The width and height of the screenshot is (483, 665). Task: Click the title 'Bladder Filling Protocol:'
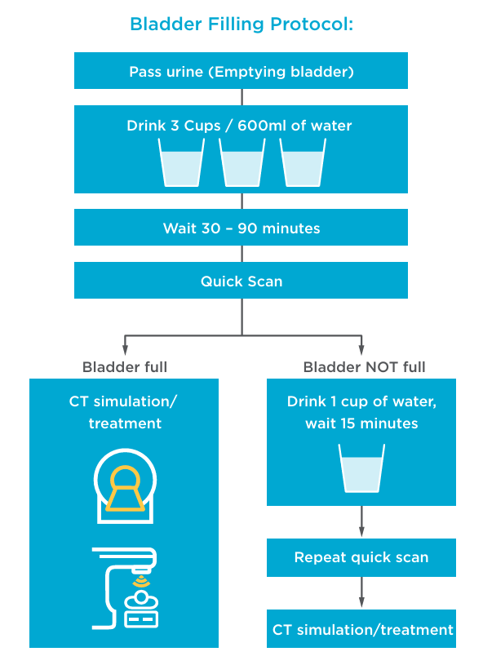pos(241,24)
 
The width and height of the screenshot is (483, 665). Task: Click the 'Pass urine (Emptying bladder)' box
pos(241,71)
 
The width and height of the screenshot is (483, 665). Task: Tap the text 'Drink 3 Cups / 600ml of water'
pos(239,126)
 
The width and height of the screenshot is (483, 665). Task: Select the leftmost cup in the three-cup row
pos(181,162)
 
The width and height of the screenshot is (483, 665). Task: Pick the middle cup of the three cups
pos(242,162)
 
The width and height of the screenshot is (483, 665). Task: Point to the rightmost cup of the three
pos(303,162)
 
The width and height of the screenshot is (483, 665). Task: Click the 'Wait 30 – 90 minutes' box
pos(241,228)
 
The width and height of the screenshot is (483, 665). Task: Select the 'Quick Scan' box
pos(241,281)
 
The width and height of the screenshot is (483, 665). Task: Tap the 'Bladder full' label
pos(125,367)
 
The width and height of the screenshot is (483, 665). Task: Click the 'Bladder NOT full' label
pos(364,367)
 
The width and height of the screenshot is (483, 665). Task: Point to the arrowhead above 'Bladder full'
pos(125,350)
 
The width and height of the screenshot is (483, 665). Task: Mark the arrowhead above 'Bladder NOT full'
pos(361,350)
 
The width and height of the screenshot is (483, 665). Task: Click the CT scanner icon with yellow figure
pos(125,485)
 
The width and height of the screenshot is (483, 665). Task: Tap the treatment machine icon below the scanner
pos(125,588)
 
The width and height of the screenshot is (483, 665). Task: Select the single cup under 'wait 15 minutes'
pos(361,468)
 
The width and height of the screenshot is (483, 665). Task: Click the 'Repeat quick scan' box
pos(361,557)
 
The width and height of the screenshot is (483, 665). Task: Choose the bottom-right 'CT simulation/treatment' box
pos(361,629)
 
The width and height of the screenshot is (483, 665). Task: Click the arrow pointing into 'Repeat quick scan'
pos(361,521)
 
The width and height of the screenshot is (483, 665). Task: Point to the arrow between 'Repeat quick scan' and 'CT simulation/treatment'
pos(361,593)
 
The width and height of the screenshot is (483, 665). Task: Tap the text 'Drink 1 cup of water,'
pos(361,401)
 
